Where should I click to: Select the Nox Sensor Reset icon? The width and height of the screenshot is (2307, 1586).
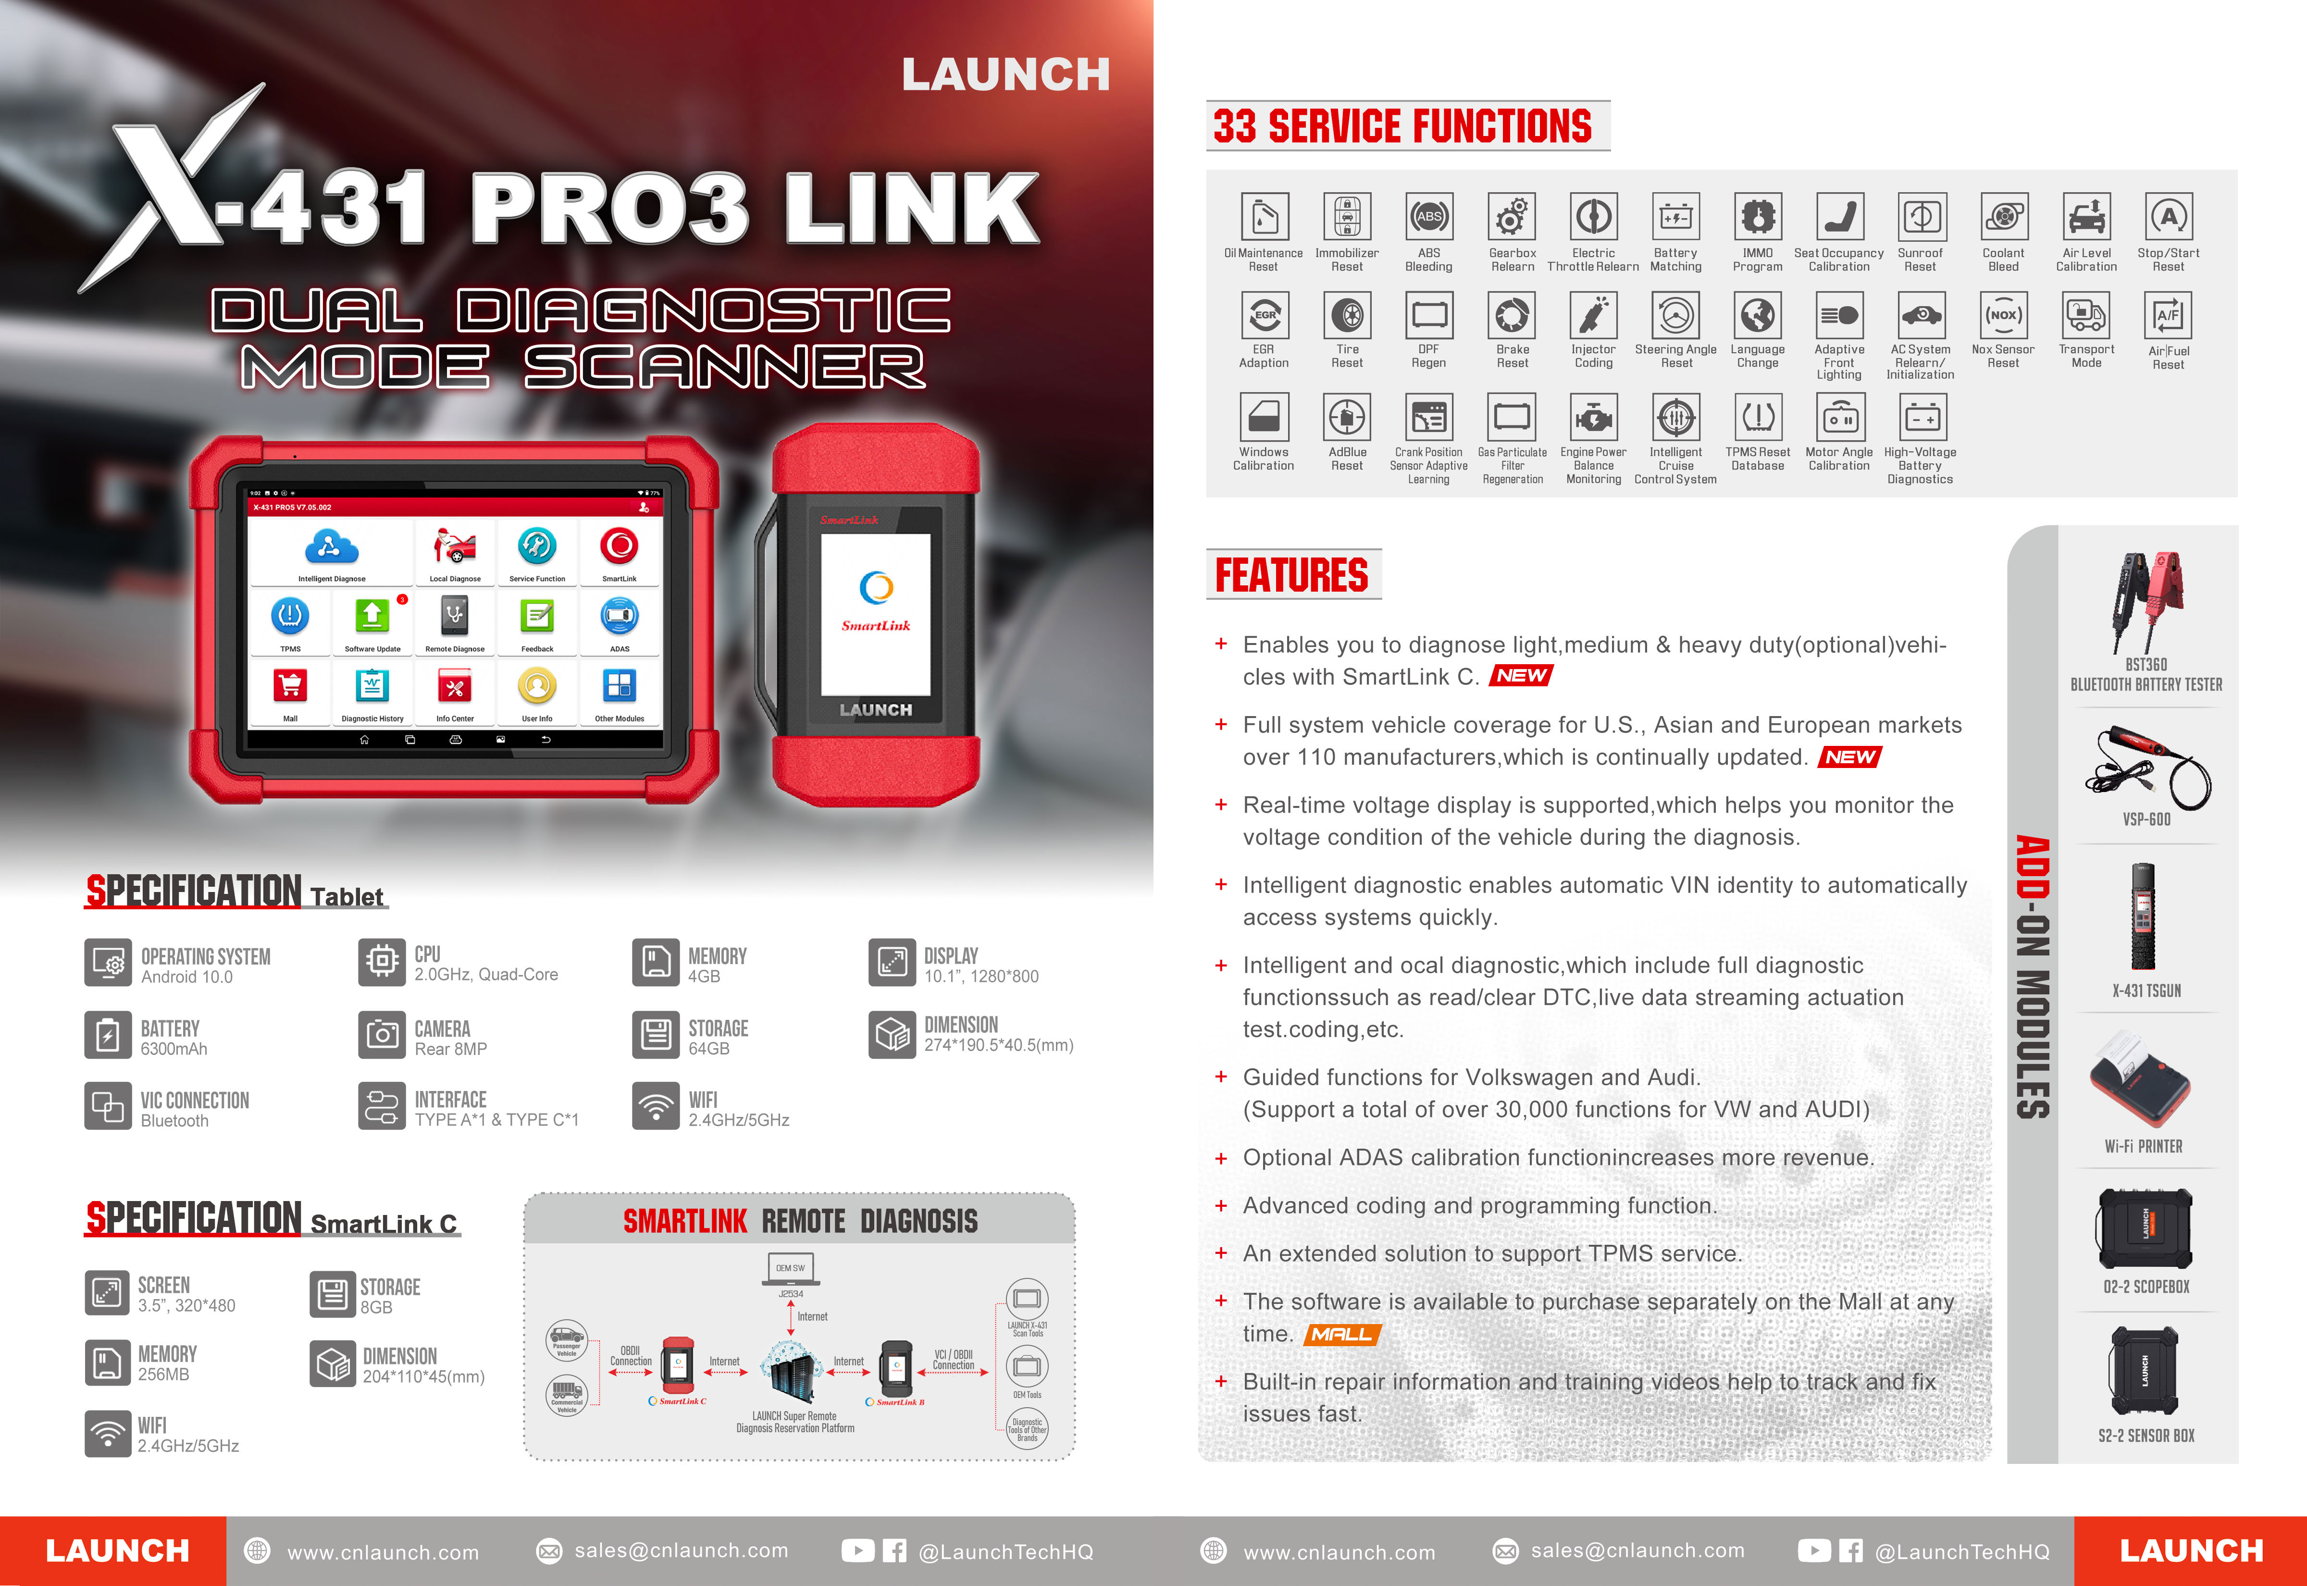[x=2003, y=315]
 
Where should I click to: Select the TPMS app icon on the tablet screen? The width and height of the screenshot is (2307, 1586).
[x=290, y=616]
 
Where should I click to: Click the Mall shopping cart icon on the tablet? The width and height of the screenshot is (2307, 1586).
[x=290, y=686]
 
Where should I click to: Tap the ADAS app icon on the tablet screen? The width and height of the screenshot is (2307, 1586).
[x=619, y=616]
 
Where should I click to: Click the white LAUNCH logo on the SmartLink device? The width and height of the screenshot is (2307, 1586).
[x=875, y=709]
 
